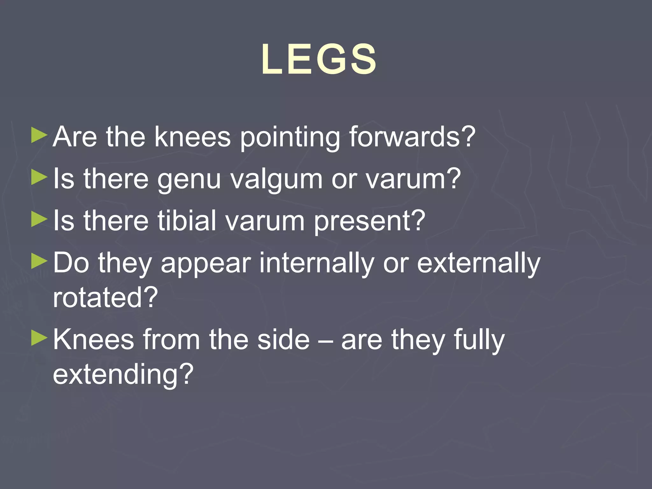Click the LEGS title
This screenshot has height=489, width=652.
pyautogui.click(x=319, y=60)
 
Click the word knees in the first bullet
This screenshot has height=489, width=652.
pyautogui.click(x=192, y=137)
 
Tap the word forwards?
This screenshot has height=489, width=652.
pyautogui.click(x=412, y=137)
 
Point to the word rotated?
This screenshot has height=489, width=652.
pyautogui.click(x=105, y=297)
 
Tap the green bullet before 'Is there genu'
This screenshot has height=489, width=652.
pyautogui.click(x=39, y=178)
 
